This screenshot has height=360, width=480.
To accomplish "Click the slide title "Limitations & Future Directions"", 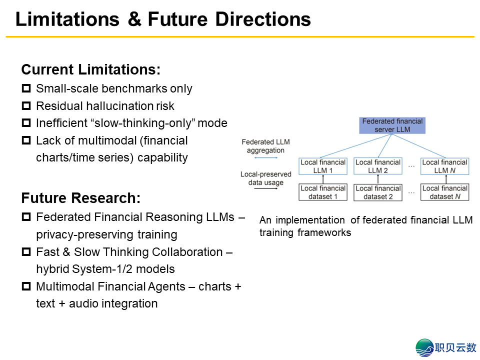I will [163, 19].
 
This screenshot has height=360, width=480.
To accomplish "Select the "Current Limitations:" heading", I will [90, 69].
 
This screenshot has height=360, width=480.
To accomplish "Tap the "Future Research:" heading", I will [80, 198].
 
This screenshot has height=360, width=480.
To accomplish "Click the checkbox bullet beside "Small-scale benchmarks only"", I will [26, 89].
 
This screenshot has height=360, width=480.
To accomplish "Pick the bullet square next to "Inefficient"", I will [26, 123].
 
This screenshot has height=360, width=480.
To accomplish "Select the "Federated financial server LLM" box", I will [392, 125].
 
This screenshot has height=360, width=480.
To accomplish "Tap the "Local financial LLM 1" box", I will [323, 166].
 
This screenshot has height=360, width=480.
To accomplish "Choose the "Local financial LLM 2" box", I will [378, 166].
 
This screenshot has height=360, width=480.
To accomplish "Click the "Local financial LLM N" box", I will [445, 166].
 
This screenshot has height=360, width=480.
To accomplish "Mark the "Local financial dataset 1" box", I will [323, 192].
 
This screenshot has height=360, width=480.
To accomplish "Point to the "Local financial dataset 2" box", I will [378, 192].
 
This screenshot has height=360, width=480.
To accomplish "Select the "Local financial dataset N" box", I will [445, 192].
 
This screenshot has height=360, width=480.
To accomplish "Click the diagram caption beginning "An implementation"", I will [365, 226].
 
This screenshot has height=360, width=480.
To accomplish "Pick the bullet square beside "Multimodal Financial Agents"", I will [26, 287].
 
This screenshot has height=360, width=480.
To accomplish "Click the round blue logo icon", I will [425, 347].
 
